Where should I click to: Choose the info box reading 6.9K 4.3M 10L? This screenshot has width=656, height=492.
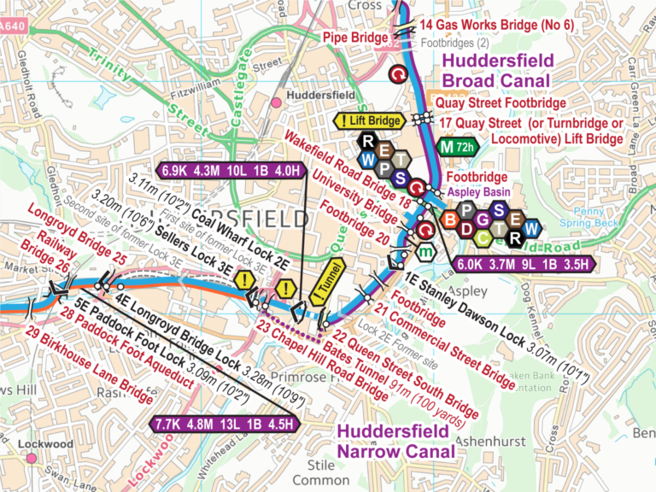tap(231, 170)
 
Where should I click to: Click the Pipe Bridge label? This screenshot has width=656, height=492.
tap(355, 37)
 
